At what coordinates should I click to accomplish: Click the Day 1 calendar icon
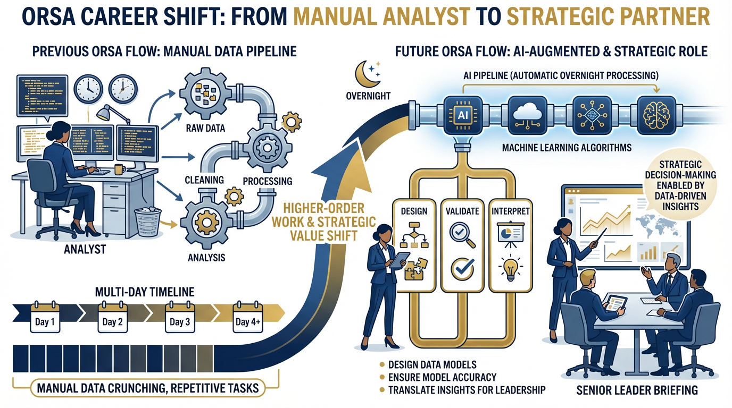(45, 319)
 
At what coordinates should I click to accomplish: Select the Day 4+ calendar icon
(248, 319)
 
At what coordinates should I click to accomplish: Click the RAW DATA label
(206, 128)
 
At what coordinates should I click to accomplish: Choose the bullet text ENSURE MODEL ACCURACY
(442, 377)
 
